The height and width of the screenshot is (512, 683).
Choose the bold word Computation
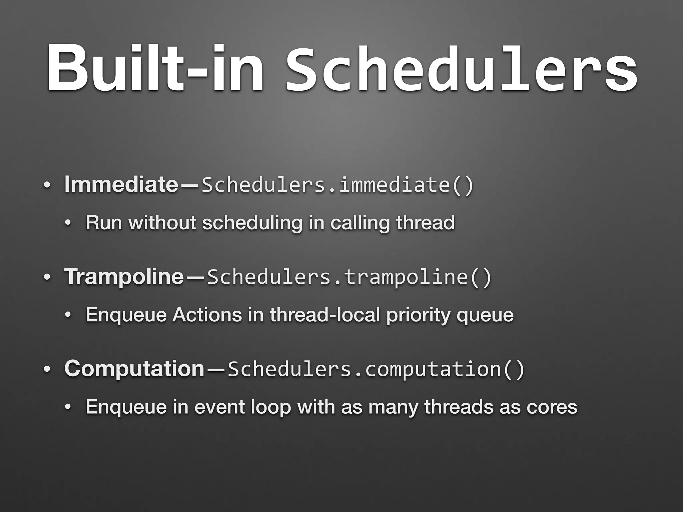134,368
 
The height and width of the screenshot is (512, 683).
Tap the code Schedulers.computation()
376,369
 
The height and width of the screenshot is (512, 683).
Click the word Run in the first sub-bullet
104,222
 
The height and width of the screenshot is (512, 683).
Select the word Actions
207,315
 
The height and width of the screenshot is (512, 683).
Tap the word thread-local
325,315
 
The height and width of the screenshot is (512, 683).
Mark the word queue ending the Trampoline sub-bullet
485,315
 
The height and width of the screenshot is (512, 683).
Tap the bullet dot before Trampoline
47,277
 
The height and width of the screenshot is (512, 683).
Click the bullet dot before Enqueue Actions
68,315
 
